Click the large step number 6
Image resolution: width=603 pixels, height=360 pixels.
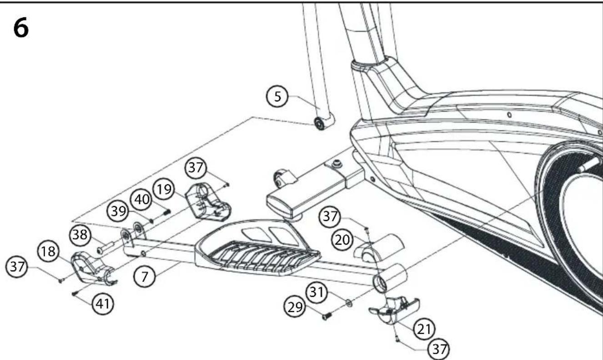(21, 28)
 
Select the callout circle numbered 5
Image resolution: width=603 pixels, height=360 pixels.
(277, 96)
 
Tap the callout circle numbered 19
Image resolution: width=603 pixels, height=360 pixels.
(164, 189)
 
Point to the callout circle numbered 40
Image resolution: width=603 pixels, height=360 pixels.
(141, 200)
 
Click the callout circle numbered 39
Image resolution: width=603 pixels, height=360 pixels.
(118, 211)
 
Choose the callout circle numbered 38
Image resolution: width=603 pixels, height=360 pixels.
(80, 235)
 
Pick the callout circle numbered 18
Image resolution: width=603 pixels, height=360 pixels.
(48, 251)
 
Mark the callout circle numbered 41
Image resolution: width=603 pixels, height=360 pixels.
(103, 304)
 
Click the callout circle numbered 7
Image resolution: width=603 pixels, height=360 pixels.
(145, 276)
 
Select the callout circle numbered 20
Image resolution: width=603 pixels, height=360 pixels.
(342, 240)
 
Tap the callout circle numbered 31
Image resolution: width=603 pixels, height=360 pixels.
(317, 292)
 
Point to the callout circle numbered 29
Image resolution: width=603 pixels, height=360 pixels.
(295, 307)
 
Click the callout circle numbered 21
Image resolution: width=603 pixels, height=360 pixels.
(424, 329)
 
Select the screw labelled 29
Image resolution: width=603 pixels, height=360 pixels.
(327, 315)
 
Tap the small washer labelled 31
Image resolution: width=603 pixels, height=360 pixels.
(349, 303)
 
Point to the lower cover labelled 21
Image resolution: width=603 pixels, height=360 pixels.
(394, 310)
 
